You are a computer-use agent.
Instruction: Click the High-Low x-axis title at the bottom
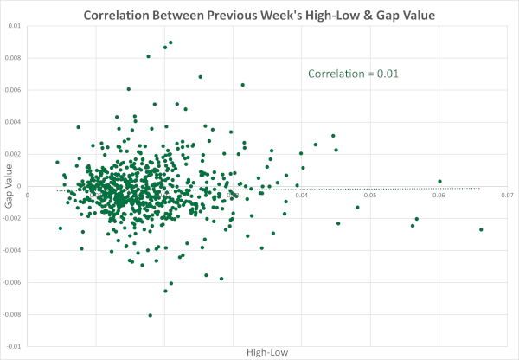click(267, 352)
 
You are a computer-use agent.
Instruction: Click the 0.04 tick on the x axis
click(302, 195)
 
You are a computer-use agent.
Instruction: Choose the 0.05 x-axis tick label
click(370, 195)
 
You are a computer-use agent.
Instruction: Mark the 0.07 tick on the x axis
click(507, 195)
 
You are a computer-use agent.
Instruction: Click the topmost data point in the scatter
click(170, 42)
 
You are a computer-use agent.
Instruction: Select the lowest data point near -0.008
click(151, 315)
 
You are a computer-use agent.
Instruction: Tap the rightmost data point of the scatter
click(481, 229)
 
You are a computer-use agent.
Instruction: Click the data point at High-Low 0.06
click(439, 182)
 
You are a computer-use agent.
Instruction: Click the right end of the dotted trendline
click(478, 187)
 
